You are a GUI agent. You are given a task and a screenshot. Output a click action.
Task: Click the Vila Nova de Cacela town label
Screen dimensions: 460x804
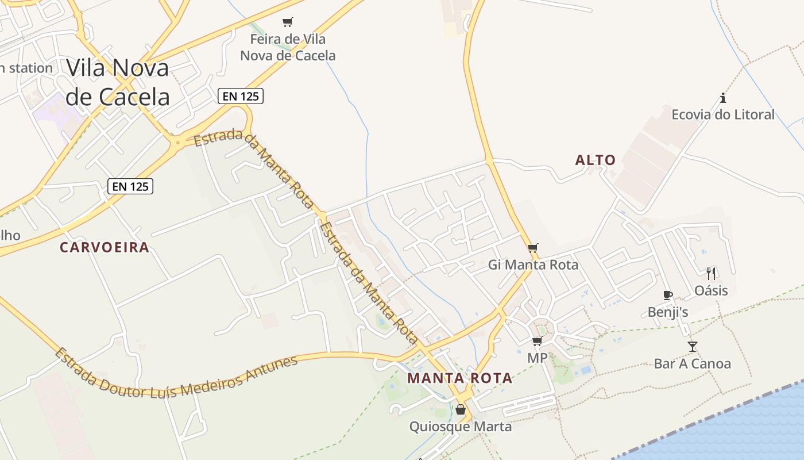[x=118, y=82]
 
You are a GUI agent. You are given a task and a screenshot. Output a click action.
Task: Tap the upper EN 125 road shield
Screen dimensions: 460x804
[x=240, y=96]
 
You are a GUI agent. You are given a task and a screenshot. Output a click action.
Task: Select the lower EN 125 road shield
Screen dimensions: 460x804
[x=130, y=186]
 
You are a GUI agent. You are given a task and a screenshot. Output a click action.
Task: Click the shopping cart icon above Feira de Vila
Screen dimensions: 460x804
[x=288, y=22]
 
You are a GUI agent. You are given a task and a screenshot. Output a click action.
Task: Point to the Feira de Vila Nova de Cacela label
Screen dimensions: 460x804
[x=288, y=48]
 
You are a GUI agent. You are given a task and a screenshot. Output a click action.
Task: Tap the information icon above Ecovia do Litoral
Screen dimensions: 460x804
[x=723, y=98]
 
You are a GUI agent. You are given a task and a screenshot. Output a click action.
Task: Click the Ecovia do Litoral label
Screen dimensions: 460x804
[x=723, y=114]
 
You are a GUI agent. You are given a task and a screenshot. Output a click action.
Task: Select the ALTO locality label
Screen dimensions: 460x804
[x=596, y=160]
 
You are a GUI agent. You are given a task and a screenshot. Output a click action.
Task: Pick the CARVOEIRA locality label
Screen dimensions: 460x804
[x=105, y=247]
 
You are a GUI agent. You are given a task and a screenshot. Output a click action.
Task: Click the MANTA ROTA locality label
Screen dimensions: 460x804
[x=459, y=378]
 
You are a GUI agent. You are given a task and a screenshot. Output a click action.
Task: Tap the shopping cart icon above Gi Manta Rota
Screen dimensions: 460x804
[x=533, y=248]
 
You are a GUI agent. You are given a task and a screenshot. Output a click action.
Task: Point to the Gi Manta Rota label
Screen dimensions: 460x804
[x=533, y=265]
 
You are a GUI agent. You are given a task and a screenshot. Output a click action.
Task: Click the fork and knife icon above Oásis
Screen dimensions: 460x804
[x=711, y=273]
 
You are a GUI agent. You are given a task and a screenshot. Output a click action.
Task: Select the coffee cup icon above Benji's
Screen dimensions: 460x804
[x=667, y=295]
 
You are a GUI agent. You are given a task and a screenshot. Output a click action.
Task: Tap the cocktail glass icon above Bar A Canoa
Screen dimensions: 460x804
[x=693, y=346]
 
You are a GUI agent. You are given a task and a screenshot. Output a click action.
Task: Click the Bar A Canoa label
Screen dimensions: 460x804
[x=693, y=363]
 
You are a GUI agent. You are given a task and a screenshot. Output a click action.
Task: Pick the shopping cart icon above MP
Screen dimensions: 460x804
[x=537, y=342]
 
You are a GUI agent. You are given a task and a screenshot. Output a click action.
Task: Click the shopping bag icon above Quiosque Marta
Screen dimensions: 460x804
[x=460, y=409]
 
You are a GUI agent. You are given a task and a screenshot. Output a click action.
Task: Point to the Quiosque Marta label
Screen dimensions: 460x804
[x=460, y=427]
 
